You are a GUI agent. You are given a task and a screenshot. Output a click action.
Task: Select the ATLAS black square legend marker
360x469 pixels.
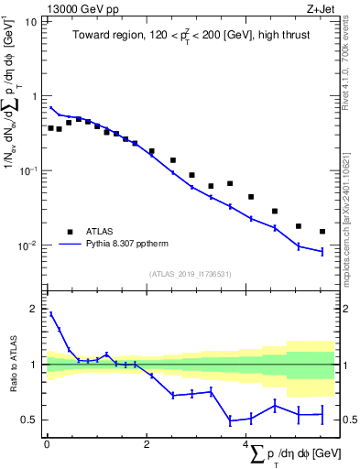coord(70,232)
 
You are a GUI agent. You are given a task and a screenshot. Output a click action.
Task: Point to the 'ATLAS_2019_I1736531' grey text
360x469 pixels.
coord(191,273)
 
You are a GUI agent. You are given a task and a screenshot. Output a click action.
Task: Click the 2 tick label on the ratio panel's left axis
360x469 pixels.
coord(35,309)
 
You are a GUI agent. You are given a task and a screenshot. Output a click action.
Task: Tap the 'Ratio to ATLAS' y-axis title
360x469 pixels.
coord(12,365)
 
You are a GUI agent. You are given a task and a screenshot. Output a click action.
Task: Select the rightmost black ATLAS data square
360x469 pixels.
coord(322,232)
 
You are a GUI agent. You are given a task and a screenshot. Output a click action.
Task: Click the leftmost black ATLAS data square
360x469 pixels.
coord(51,128)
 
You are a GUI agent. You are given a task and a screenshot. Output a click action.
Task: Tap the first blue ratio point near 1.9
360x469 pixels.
coord(51,314)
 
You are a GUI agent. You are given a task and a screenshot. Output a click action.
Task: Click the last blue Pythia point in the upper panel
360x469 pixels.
coord(322,251)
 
